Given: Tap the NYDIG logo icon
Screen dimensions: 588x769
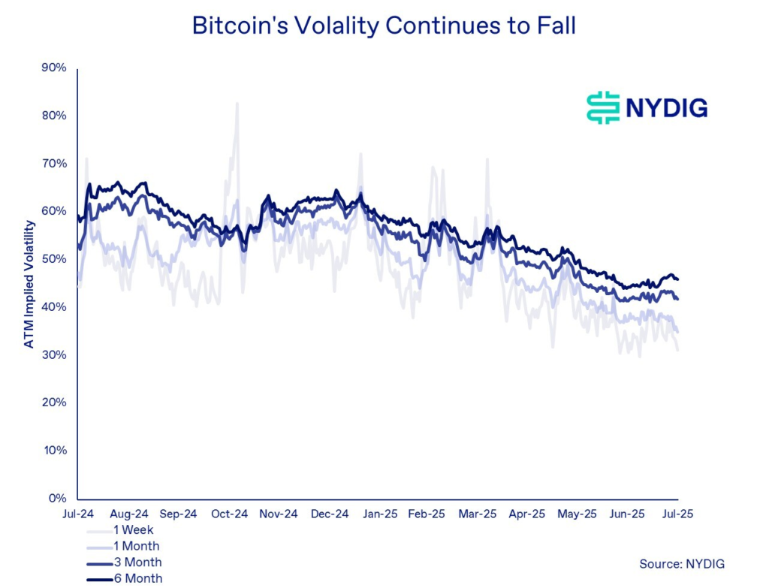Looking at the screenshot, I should (602, 108).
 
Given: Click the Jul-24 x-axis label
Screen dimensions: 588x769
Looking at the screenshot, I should (78, 514).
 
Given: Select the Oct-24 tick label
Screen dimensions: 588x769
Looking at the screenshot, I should (229, 514).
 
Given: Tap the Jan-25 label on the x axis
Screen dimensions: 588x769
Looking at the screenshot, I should (380, 514).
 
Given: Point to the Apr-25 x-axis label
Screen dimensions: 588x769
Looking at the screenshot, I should (526, 514).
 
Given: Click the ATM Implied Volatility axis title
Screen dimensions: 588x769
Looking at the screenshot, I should (29, 284).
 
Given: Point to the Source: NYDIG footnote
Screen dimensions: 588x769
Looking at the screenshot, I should (682, 563).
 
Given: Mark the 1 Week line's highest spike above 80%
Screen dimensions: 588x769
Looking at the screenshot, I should (237, 104).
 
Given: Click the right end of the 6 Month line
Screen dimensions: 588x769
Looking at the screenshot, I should (678, 279).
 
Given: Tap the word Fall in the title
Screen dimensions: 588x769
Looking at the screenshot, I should (554, 25).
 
